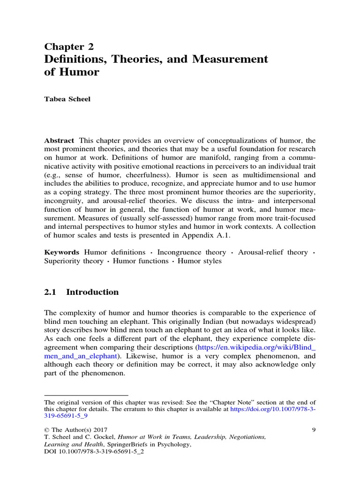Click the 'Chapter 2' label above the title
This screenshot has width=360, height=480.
pos(69,46)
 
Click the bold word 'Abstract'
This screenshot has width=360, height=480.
pos(60,141)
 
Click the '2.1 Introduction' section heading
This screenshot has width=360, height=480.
pos(82,292)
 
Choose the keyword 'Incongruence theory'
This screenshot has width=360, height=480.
pos(192,252)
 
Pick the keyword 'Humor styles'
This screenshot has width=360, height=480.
pos(200,261)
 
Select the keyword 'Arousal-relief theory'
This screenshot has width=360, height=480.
pos(273,252)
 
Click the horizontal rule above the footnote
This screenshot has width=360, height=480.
pos(86,395)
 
